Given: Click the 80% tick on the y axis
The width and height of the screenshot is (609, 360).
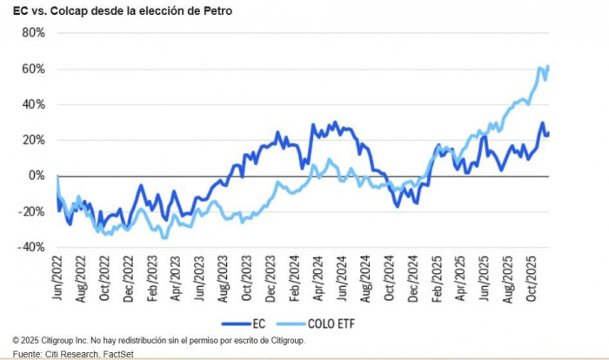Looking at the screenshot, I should (32, 33).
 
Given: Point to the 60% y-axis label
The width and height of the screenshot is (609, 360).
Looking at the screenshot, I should (32, 69).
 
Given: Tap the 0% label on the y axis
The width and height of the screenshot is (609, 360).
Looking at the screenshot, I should (36, 176).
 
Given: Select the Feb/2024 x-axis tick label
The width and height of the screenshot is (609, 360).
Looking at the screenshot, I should (296, 283).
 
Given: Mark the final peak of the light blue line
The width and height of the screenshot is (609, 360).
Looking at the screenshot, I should (548, 66).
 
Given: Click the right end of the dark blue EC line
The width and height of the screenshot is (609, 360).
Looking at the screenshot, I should (548, 133).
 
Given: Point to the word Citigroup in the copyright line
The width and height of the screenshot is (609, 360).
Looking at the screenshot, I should (63, 340).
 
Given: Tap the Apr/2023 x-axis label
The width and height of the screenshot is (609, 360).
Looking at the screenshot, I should (174, 283).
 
